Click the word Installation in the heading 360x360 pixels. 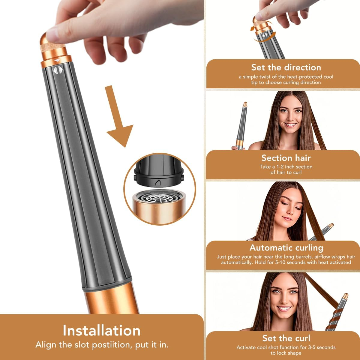point(101,330)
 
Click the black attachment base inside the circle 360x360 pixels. point(159,171)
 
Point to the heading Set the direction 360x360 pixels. point(286,67)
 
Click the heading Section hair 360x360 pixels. point(286,158)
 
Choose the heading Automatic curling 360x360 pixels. point(286,247)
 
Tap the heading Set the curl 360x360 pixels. point(286,338)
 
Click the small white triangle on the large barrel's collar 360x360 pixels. point(57,61)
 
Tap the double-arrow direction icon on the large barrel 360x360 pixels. point(57,70)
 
